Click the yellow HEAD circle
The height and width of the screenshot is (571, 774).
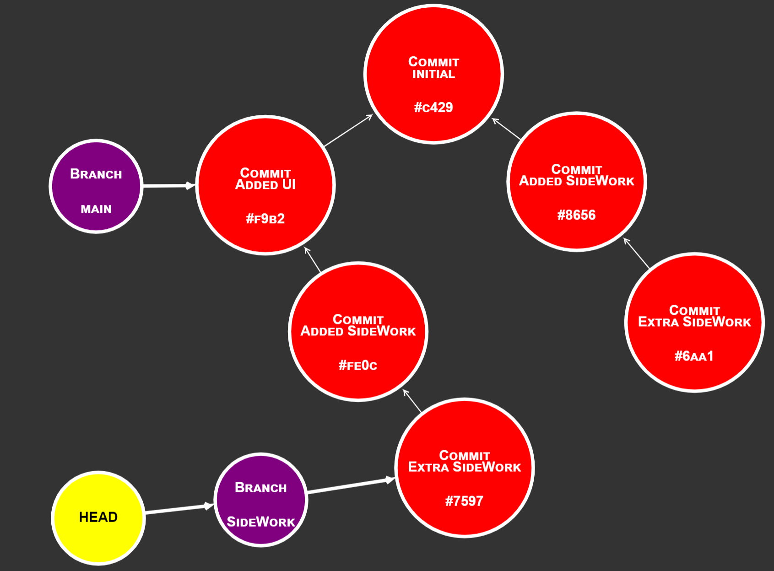(x=98, y=517)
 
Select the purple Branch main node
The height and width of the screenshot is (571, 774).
(x=96, y=186)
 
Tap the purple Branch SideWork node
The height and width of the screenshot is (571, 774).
(x=261, y=500)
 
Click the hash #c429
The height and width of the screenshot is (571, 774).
(x=433, y=108)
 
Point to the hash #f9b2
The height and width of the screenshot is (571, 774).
(x=265, y=219)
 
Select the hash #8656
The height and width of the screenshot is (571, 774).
(x=576, y=215)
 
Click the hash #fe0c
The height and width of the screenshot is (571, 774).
(x=358, y=365)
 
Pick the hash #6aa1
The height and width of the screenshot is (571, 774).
(x=694, y=356)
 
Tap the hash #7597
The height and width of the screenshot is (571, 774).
(x=464, y=501)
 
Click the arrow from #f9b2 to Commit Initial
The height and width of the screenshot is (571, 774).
(x=348, y=131)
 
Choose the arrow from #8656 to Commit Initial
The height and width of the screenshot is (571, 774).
(x=506, y=129)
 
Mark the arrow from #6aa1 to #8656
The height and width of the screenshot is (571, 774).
(x=637, y=253)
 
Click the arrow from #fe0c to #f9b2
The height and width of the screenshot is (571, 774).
(x=313, y=260)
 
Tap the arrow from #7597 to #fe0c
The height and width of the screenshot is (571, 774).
(x=412, y=401)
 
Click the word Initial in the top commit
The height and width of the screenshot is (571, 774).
(x=433, y=74)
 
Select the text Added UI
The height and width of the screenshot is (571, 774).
(x=265, y=185)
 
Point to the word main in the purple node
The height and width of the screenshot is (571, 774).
(x=96, y=209)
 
